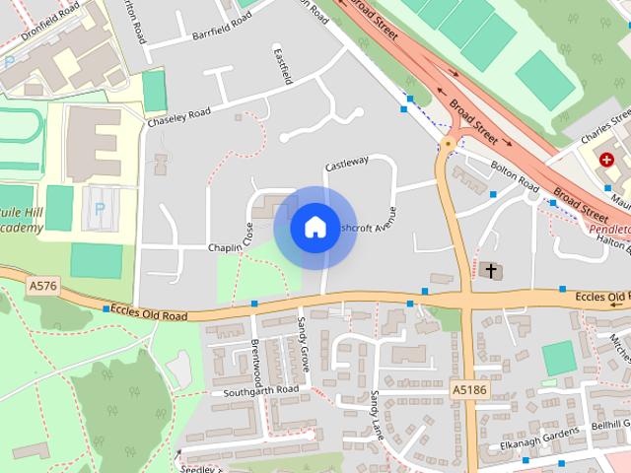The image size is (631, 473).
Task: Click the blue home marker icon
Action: (x=315, y=228)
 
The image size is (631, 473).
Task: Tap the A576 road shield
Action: (x=41, y=286)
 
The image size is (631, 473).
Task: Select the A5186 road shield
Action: (x=471, y=390)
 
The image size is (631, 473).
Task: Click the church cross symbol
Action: (x=490, y=269)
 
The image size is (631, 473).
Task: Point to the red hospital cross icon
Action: (x=605, y=158)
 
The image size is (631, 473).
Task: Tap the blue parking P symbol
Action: (x=99, y=209)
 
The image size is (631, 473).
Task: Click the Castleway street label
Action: (x=346, y=161)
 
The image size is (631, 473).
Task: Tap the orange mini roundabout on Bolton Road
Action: (x=450, y=144)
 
